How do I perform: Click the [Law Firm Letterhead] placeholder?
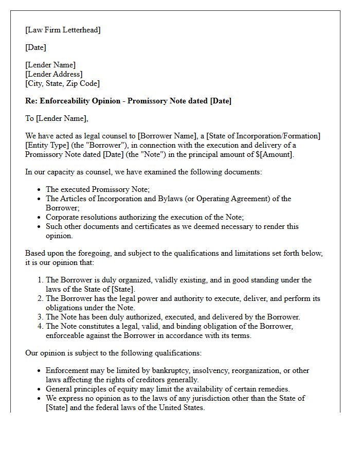click(63, 30)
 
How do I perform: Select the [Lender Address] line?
click(53, 74)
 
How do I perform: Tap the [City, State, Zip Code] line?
click(62, 83)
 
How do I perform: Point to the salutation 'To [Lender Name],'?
click(57, 118)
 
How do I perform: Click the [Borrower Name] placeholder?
click(163, 136)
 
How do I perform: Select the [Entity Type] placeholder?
click(47, 145)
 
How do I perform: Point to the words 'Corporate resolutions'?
click(84, 217)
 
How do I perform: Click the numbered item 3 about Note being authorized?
click(172, 317)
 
